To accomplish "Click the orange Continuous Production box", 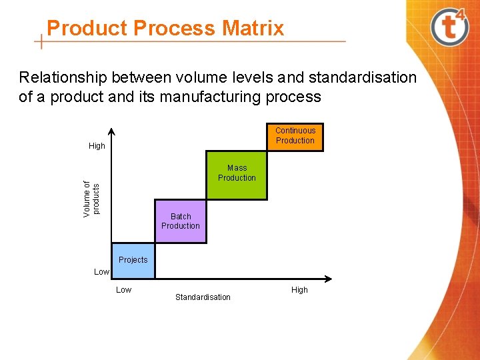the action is coord(295,137).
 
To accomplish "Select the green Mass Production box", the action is coord(237,176).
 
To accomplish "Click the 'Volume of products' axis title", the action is coord(92,198).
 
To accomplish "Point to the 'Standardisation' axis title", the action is coord(203,297).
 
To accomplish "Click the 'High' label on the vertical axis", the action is coord(97,146).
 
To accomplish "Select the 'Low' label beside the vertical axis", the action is coord(101,272).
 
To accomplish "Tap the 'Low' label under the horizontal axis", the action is coord(124,290).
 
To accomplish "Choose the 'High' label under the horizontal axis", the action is coord(299,290).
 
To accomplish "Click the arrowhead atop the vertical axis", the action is coord(111,131).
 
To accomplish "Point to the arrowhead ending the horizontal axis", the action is coord(329,278).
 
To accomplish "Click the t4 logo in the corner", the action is coord(450,27).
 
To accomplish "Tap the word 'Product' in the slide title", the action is coord(87,29).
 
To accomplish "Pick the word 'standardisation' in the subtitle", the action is coord(353,78).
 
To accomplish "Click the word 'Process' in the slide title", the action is coord(175,29).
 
